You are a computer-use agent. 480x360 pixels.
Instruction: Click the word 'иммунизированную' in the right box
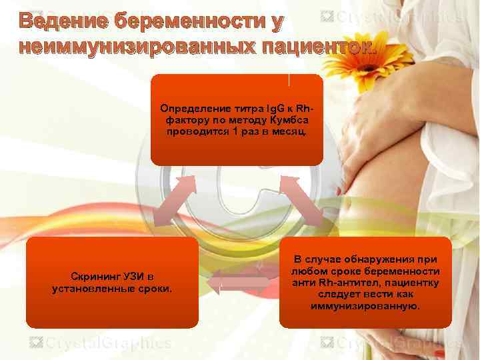tap(365, 307)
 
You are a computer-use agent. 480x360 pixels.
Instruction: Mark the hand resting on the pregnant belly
tap(380, 127)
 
